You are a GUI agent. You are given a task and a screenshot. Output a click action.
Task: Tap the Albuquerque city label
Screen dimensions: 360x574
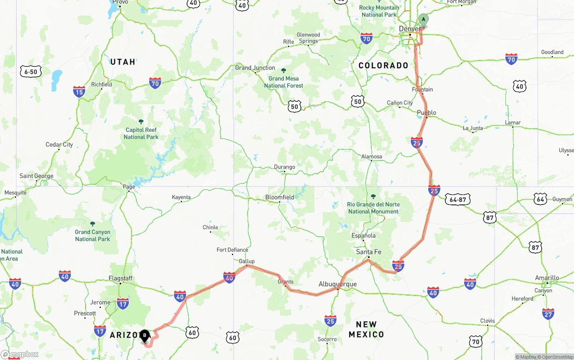(338, 284)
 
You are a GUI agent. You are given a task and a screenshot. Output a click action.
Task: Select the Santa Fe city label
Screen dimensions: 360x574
(369, 252)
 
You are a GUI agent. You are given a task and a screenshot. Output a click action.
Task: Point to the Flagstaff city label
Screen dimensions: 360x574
(121, 278)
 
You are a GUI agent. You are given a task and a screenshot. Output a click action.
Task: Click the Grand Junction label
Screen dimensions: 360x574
(255, 68)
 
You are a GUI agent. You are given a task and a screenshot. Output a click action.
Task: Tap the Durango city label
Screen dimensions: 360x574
(285, 167)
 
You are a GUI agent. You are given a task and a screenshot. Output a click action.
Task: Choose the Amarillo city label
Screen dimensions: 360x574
(547, 278)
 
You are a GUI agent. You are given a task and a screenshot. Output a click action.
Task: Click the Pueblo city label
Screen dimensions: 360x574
(426, 113)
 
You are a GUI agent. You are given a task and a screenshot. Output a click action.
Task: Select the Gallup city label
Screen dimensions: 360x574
(247, 261)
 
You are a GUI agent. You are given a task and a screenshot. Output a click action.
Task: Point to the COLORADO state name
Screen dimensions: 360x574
(383, 65)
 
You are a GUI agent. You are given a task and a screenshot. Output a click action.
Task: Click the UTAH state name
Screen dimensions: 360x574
(123, 62)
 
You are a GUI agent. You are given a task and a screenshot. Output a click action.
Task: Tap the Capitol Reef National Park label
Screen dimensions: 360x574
(141, 134)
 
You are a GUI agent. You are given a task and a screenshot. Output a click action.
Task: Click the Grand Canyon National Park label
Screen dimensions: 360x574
(92, 235)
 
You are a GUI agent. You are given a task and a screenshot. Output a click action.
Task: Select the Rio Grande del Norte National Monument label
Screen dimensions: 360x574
(373, 208)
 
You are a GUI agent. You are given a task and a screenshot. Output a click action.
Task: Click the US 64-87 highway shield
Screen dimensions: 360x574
(457, 200)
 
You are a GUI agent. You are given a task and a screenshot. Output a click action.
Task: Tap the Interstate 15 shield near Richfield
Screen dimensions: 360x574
(79, 92)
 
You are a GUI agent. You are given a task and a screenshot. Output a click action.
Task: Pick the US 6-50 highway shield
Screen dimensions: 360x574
(31, 71)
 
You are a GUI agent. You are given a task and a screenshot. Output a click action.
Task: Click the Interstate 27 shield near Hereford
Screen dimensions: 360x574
(548, 313)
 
